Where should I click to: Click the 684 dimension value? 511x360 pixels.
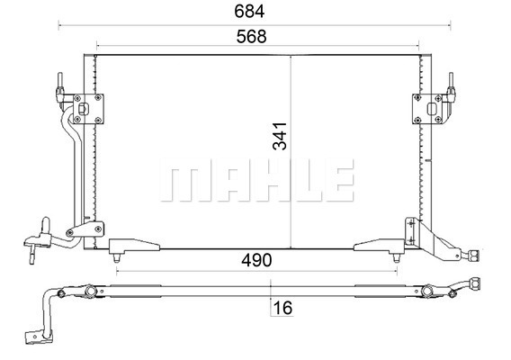[x=249, y=12]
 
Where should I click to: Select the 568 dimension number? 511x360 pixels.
[x=251, y=37]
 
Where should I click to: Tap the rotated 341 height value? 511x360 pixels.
[x=280, y=136]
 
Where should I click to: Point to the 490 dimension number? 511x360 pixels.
[x=256, y=260]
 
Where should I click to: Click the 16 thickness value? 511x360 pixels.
[x=282, y=308]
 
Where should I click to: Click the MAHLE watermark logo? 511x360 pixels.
[x=256, y=180]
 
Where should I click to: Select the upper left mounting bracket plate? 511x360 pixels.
[x=88, y=109]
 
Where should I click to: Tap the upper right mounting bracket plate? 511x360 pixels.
[x=427, y=109]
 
